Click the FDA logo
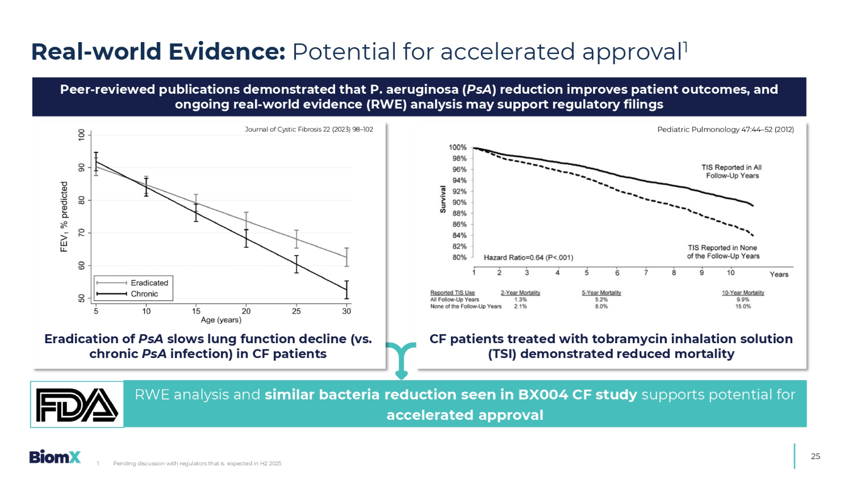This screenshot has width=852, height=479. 77,405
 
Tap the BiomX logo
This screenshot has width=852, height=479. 55,457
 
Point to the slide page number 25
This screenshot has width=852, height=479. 816,456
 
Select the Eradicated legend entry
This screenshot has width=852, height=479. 149,283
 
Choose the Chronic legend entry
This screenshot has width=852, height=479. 144,294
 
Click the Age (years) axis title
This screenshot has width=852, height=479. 221,320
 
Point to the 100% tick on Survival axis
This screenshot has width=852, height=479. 458,147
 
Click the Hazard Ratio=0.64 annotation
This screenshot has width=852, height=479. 528,257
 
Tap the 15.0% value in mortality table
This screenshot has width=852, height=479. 743,306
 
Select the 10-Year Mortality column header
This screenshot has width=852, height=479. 743,293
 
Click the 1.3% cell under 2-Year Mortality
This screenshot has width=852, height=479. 520,299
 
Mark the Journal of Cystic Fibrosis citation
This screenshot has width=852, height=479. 309,130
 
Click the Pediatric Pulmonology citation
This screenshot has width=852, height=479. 725,130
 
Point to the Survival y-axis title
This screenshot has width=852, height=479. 443,199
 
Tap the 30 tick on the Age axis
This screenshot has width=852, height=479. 346,311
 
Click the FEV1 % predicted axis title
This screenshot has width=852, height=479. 64,216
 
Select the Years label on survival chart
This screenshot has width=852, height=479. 779,274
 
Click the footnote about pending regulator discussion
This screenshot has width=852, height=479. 197,464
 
